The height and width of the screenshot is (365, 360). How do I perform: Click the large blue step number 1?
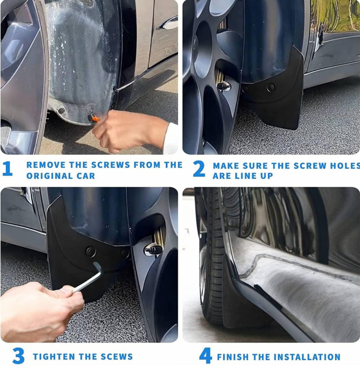(8, 168)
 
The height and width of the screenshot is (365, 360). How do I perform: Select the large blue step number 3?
(18, 355)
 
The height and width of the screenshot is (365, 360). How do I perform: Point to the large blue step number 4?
(206, 355)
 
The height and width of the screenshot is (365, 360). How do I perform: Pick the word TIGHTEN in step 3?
(54, 356)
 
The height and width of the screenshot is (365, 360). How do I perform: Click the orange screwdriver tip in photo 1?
(95, 119)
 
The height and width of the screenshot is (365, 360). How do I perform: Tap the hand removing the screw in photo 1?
(131, 131)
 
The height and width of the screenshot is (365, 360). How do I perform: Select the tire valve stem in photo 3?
(153, 249)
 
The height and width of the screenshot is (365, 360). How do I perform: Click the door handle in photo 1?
(169, 23)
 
